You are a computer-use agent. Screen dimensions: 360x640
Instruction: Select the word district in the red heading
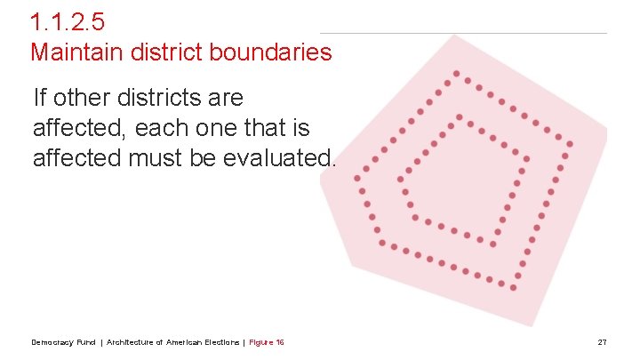point(164,52)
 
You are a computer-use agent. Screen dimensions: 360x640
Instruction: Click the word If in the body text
point(39,97)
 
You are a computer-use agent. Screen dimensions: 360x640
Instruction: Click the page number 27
point(602,342)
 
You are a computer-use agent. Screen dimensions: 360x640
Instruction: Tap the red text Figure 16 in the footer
point(267,342)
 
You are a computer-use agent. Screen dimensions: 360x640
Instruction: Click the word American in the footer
point(183,342)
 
